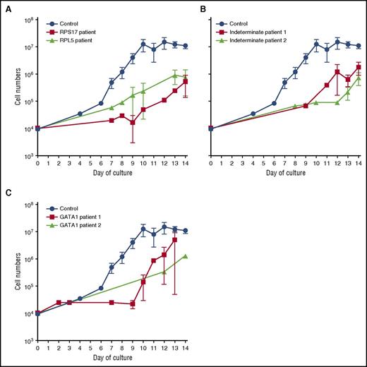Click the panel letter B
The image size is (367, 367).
(x=194, y=6)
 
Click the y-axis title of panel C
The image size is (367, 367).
(x=9, y=272)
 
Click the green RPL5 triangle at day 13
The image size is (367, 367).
(x=174, y=74)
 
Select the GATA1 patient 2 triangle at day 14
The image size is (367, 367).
(x=185, y=256)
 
